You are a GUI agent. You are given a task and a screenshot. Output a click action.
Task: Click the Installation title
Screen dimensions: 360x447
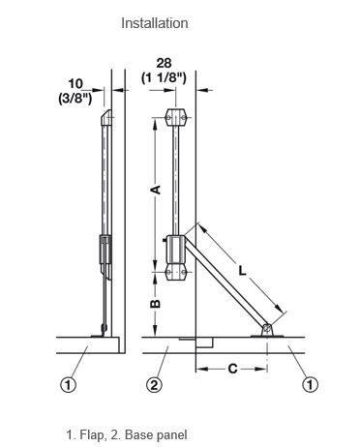(x=155, y=23)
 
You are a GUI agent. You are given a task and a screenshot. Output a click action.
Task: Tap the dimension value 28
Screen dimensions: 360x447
(x=164, y=63)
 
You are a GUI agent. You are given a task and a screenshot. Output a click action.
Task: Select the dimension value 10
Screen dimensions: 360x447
(x=75, y=84)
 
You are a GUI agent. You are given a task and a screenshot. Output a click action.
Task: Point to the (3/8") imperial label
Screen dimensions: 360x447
(x=75, y=98)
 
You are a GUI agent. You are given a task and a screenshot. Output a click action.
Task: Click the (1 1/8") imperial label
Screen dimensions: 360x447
(x=164, y=77)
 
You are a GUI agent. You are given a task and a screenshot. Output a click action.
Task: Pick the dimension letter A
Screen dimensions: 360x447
(x=156, y=190)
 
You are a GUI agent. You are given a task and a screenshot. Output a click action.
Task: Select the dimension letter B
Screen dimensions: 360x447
(x=156, y=304)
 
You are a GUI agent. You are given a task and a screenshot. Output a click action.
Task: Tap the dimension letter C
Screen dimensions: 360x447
(x=232, y=369)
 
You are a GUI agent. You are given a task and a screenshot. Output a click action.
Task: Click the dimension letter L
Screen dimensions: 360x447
(x=242, y=270)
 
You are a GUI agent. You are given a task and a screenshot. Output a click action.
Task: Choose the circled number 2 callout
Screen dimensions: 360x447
(x=154, y=385)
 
